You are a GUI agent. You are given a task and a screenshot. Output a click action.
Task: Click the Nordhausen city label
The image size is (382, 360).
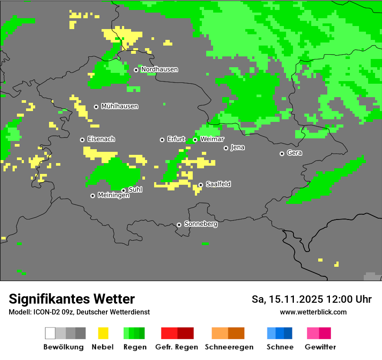(159, 69)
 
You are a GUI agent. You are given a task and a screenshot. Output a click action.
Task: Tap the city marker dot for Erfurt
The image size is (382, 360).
(162, 140)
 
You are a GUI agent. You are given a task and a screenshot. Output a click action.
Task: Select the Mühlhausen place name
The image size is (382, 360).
(119, 106)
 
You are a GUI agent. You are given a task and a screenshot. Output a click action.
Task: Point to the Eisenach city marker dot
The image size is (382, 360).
(82, 140)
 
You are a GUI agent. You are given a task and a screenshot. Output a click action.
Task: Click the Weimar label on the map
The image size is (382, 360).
(212, 139)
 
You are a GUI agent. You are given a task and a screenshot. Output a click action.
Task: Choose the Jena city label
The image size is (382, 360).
(237, 147)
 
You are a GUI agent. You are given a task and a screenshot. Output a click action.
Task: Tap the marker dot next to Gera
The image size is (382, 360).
(282, 154)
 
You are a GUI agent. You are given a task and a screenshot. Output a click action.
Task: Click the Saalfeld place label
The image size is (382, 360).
(218, 184)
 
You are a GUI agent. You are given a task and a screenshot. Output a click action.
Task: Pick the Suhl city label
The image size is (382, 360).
(135, 190)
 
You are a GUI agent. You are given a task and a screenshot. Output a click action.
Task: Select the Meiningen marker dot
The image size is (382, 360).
(92, 196)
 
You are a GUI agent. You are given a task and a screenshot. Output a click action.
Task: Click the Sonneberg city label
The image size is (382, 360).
(201, 224)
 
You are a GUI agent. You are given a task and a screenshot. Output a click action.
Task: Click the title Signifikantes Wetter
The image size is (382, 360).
(72, 299)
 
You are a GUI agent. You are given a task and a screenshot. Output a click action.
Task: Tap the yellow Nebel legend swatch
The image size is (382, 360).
(103, 333)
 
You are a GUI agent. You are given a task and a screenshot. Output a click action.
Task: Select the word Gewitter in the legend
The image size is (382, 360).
(320, 347)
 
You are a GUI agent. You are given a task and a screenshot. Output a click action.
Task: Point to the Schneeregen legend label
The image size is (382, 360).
(229, 347)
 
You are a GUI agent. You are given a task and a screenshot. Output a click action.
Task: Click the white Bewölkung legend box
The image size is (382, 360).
(50, 333)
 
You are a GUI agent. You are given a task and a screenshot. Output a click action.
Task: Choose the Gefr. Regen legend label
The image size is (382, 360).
(176, 347)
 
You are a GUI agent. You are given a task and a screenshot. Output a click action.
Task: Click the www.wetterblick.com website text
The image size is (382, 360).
(313, 312)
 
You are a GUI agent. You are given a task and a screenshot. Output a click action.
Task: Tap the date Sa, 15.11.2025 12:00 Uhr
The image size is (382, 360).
(311, 299)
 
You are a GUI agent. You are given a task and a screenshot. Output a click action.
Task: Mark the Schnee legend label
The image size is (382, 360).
(280, 347)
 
